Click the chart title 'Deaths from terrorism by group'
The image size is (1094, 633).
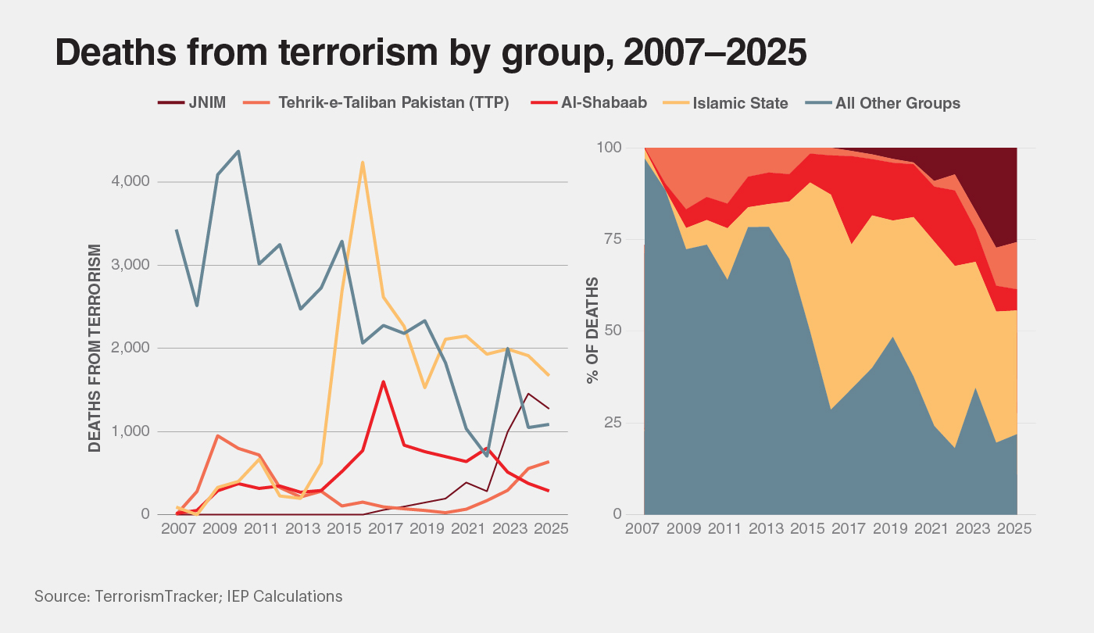pyautogui.click(x=430, y=52)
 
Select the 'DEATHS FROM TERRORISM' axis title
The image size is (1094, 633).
pyautogui.click(x=95, y=348)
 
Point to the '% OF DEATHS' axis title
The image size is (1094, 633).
pyautogui.click(x=592, y=330)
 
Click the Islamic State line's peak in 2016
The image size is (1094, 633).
pyautogui.click(x=363, y=163)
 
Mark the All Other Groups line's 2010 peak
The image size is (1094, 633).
pyautogui.click(x=238, y=151)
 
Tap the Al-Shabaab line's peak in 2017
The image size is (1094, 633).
pyautogui.click(x=383, y=381)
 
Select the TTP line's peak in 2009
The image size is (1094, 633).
pyautogui.click(x=217, y=435)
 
